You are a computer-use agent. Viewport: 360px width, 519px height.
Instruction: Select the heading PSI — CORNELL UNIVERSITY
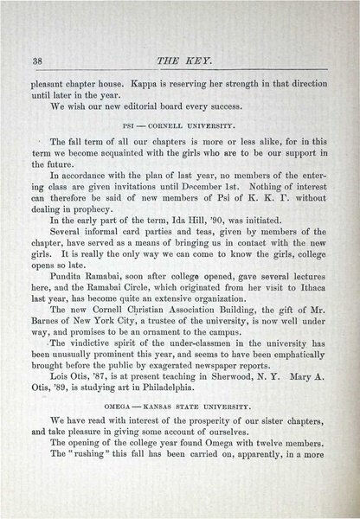click(182, 122)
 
